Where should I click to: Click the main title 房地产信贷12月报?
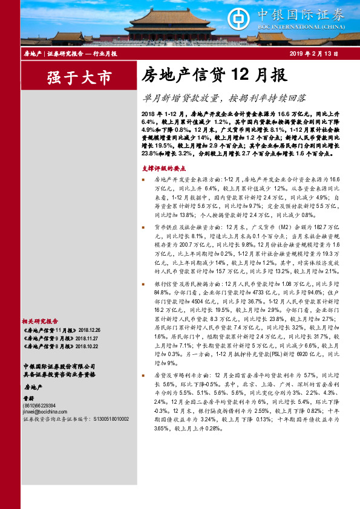coord(211,75)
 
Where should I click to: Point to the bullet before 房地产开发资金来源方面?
coord(143,180)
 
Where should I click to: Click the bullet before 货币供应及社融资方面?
coord(143,227)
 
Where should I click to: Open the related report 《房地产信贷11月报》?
coord(48,331)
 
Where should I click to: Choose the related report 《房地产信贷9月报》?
coord(47,339)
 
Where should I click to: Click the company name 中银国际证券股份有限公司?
coord(59,366)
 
